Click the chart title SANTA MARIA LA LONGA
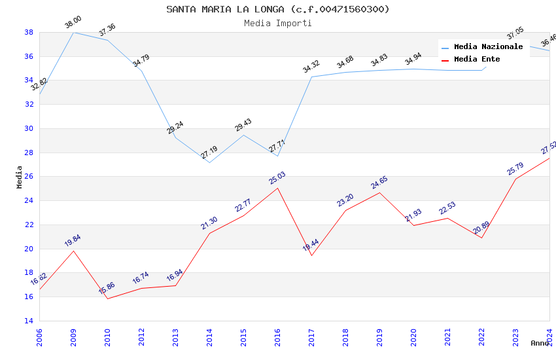(x=277, y=9)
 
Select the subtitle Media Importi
(x=277, y=24)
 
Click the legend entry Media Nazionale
(x=488, y=47)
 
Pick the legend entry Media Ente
(x=477, y=60)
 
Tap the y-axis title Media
(x=20, y=177)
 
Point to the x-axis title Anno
(x=540, y=343)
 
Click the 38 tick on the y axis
(x=29, y=32)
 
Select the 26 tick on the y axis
(x=29, y=177)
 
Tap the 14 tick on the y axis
(x=29, y=321)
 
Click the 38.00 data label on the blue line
(x=73, y=23)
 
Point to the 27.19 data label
(x=209, y=153)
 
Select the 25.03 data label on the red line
(x=277, y=178)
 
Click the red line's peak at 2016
(x=277, y=188)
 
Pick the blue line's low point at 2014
(x=209, y=162)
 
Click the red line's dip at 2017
(x=311, y=255)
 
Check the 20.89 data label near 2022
(x=481, y=228)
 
